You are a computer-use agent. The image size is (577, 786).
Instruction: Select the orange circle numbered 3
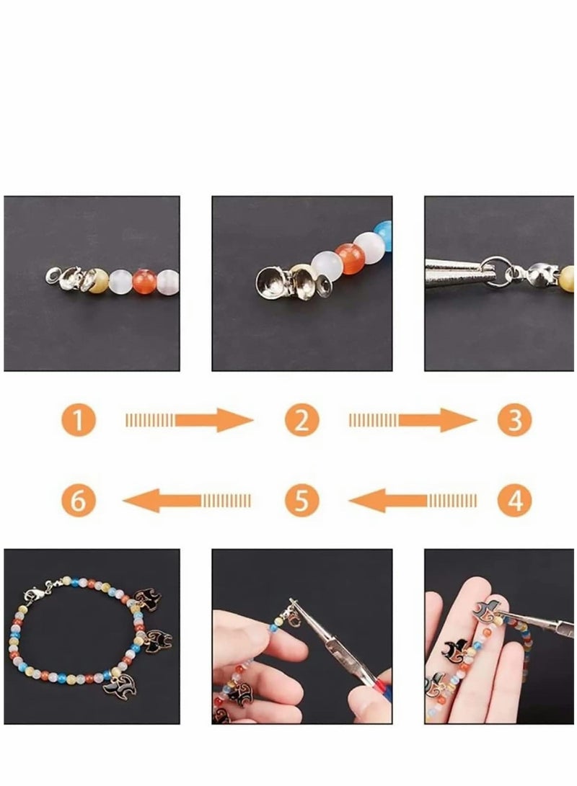point(514,420)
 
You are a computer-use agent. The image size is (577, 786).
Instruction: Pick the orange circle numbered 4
point(514,499)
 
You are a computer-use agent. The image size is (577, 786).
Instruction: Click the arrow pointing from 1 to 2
point(189,420)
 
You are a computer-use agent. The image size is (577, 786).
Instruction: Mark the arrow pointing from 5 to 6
point(189,499)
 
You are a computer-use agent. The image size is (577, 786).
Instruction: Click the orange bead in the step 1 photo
point(144,279)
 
